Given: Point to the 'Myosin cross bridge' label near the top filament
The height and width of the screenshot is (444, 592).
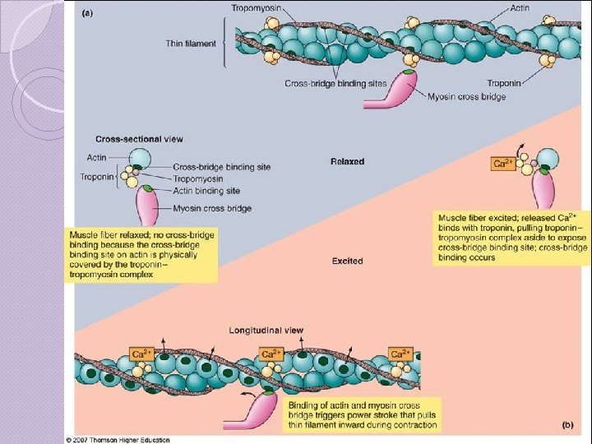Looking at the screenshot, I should click(466, 96).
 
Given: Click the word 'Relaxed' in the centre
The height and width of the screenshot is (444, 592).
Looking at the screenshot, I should click(347, 162).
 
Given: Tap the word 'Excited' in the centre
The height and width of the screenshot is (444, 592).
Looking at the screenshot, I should click(347, 261).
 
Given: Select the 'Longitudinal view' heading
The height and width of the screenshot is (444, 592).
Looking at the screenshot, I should click(266, 331).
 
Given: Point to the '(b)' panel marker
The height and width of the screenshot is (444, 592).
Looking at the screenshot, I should click(567, 425).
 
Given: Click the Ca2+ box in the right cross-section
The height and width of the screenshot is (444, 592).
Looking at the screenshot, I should click(503, 164).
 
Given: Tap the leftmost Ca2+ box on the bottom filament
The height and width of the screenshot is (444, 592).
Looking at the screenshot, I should click(141, 354).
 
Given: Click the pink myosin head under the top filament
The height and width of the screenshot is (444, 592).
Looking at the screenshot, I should click(391, 90).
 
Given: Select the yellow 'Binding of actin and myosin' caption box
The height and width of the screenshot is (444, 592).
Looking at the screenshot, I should click(363, 414).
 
